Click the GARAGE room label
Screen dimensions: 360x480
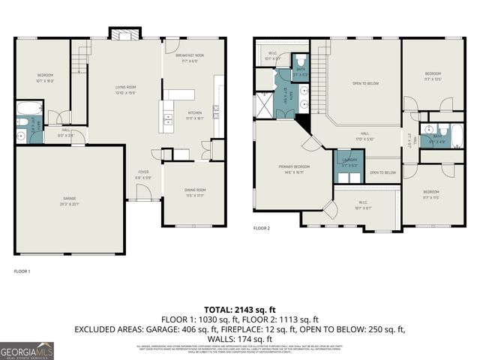pos(69,198)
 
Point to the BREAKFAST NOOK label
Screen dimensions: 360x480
pos(190,55)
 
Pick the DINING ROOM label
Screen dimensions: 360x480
pos(194,190)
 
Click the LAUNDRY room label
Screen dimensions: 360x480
pos(349,160)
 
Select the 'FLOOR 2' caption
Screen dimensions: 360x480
pos(261,227)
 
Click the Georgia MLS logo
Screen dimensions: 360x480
pos(27,349)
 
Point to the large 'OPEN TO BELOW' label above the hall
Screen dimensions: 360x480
pos(364,83)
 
